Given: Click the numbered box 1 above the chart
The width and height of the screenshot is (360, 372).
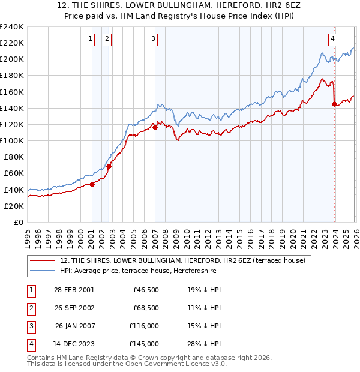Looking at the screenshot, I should click(x=90, y=39).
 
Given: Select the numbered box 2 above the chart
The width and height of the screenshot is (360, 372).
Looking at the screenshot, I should click(x=107, y=39).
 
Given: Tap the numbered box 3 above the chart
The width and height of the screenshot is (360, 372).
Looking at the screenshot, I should click(x=153, y=39).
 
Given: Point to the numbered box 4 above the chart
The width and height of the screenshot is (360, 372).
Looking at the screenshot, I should click(x=332, y=39).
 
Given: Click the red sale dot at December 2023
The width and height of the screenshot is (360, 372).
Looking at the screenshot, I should click(x=334, y=104).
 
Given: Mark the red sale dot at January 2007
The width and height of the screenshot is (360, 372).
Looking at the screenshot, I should click(x=155, y=127).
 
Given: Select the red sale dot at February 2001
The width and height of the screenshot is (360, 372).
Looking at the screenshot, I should click(x=92, y=184).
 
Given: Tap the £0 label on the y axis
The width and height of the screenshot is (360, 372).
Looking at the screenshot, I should click(x=18, y=222).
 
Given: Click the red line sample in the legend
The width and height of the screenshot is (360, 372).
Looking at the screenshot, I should click(x=43, y=260).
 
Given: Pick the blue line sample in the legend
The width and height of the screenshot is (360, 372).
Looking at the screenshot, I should click(x=43, y=271).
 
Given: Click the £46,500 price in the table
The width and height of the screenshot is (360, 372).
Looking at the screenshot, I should click(x=146, y=289).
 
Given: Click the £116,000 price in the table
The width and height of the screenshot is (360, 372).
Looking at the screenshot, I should click(x=143, y=326).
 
